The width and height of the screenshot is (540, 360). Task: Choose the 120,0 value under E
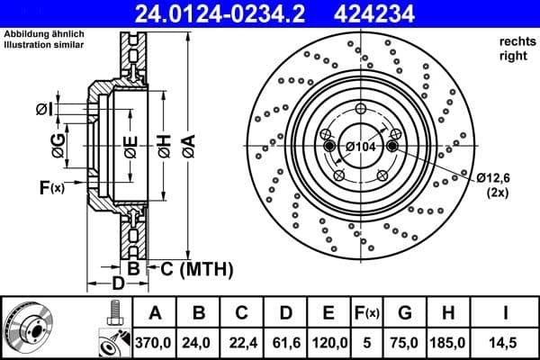point(329,343)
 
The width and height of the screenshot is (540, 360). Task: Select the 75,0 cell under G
point(405,343)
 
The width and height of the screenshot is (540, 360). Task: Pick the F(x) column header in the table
point(368,314)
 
